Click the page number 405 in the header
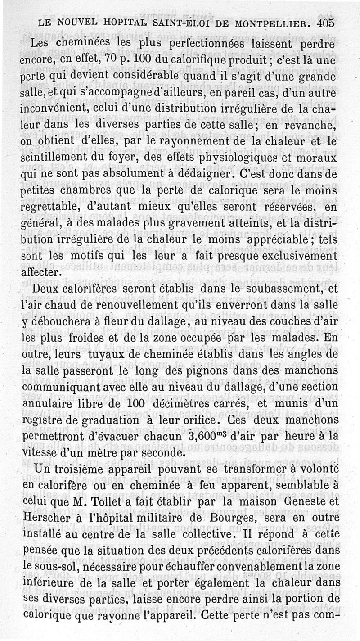pyautogui.click(x=326, y=23)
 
